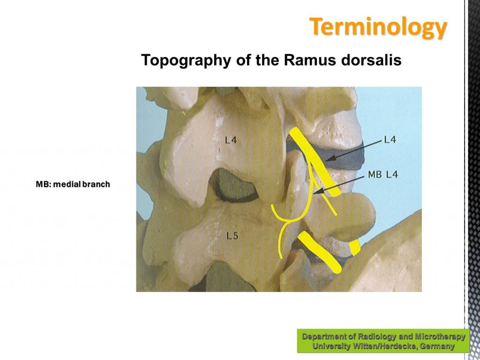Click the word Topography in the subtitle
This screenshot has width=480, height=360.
point(186,60)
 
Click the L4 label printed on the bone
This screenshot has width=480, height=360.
point(231,141)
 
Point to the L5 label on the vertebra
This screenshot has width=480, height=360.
point(232,236)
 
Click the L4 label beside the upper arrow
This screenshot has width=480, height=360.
point(390,140)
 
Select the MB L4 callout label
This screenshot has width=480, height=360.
point(382,175)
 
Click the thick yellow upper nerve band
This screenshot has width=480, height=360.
point(315,162)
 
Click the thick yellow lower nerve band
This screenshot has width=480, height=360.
point(320,252)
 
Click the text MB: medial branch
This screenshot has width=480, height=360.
point(73,184)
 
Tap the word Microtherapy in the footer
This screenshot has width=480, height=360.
point(440,337)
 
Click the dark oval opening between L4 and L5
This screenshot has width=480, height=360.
point(234,186)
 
